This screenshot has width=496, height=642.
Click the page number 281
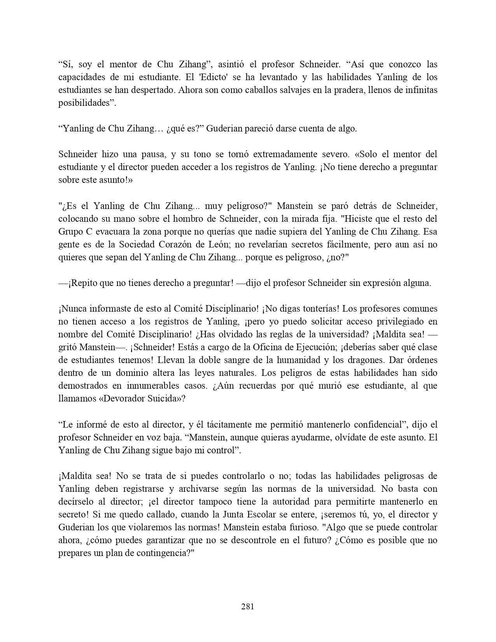[x=248, y=606]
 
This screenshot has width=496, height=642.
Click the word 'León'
[x=244, y=244]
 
